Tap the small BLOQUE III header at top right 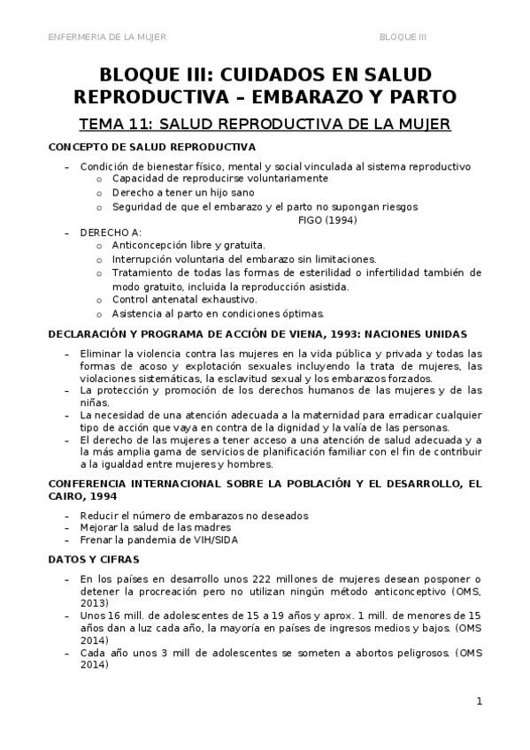click(403, 36)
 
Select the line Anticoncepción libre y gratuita click(188, 245)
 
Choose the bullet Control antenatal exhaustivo click(184, 300)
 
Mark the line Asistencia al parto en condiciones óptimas click(218, 313)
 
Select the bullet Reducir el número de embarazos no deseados click(194, 516)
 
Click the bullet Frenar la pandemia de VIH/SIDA click(159, 540)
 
